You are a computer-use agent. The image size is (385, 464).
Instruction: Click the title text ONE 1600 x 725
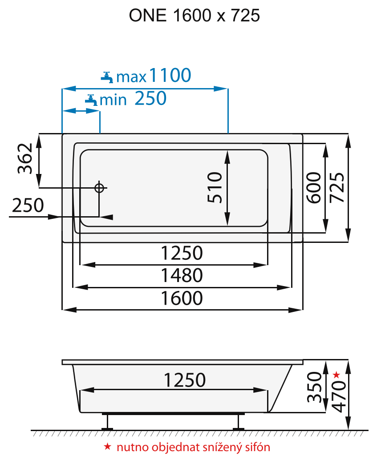195,16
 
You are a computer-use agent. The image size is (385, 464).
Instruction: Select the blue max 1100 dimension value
170,76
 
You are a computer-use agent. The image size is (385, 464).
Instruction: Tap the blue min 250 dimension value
150,99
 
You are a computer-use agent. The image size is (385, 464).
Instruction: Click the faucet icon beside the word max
107,77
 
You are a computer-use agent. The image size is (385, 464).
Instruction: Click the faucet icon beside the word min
91,100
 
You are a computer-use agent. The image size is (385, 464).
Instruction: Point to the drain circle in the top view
99,188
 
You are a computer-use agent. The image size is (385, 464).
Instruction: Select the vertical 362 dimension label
25,159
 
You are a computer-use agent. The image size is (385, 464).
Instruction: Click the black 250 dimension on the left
28,206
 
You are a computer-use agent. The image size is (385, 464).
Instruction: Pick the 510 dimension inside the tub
215,187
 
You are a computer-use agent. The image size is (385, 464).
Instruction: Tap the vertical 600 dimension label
314,187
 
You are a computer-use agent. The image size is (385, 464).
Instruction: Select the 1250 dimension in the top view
182,253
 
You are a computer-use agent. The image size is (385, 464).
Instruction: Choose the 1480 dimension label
182,275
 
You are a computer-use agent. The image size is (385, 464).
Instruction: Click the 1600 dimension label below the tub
182,298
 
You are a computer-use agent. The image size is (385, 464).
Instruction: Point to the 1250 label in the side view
184,380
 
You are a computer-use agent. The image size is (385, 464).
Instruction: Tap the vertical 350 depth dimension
315,387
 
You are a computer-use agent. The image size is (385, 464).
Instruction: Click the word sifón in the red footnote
258,447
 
